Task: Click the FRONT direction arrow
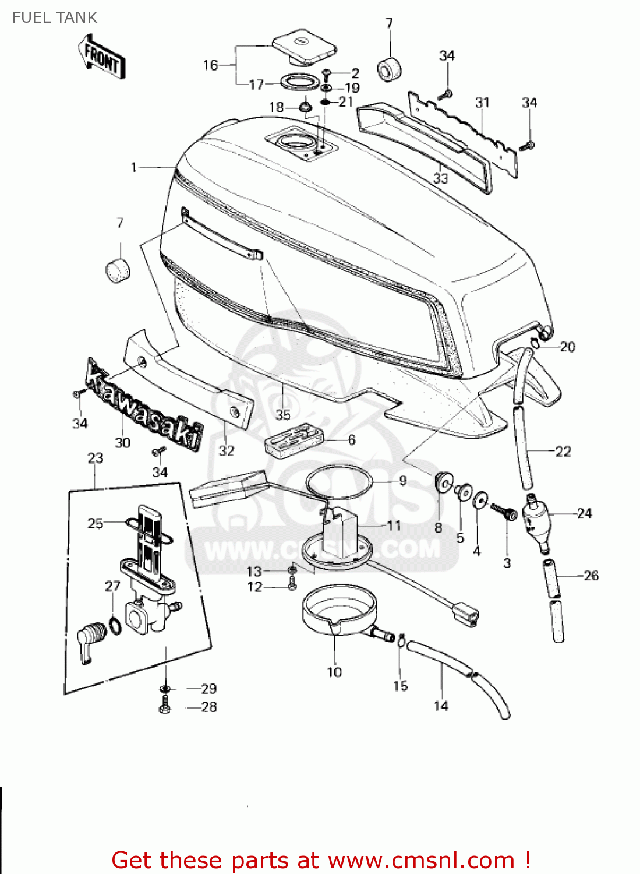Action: (102, 57)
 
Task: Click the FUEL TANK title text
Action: (54, 17)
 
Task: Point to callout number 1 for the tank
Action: (134, 168)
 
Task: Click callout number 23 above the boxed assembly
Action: (96, 459)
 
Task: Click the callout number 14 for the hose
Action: (441, 706)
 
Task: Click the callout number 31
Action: (482, 103)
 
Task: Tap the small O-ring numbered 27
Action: (115, 627)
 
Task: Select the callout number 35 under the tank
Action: (283, 414)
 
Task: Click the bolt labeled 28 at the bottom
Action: (165, 707)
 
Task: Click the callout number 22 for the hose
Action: (563, 452)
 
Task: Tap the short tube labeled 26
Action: (552, 577)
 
